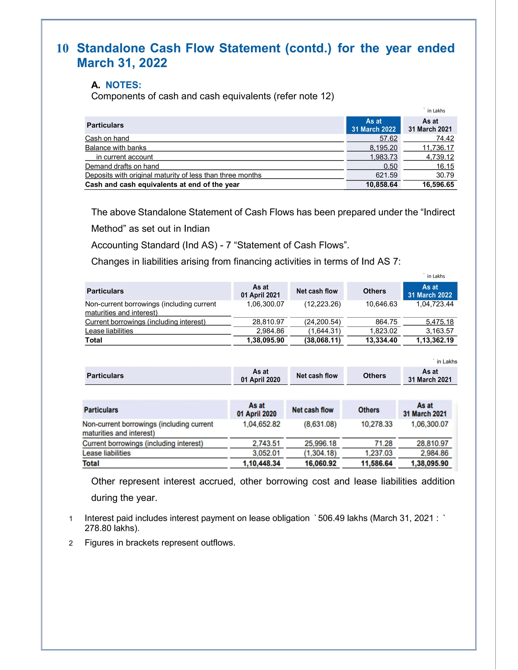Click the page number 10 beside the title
(63, 49)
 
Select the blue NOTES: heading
(123, 85)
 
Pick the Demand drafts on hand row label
(122, 166)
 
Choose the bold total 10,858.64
(381, 184)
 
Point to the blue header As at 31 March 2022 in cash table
(374, 125)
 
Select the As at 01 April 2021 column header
(260, 291)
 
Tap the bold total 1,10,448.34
(262, 463)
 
